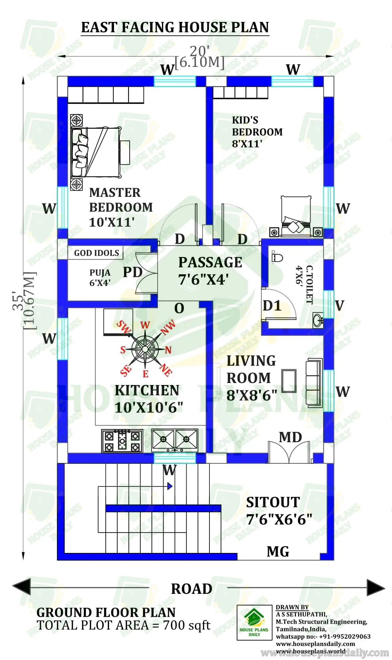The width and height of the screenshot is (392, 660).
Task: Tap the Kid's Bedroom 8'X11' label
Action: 257,132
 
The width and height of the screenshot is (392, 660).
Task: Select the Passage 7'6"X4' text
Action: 210,271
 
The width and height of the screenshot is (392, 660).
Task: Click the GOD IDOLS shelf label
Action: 96,253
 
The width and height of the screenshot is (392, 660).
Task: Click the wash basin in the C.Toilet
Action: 318,320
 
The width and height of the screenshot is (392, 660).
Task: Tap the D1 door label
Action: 272,306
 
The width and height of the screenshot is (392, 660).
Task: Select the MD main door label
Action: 290,437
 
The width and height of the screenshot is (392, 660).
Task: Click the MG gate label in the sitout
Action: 278,552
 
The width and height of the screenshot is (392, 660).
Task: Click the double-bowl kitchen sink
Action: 175,440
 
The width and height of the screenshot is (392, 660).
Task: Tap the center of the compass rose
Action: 145,349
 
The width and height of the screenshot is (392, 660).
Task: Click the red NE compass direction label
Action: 166,370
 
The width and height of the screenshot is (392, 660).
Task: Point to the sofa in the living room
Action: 314,383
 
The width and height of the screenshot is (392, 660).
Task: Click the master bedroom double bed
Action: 96,152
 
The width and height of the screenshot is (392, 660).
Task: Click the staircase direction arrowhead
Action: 170,486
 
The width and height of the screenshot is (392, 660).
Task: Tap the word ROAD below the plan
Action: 192,589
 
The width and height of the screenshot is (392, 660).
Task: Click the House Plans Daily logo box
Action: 254,622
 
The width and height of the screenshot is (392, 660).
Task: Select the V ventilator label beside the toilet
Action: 339,306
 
